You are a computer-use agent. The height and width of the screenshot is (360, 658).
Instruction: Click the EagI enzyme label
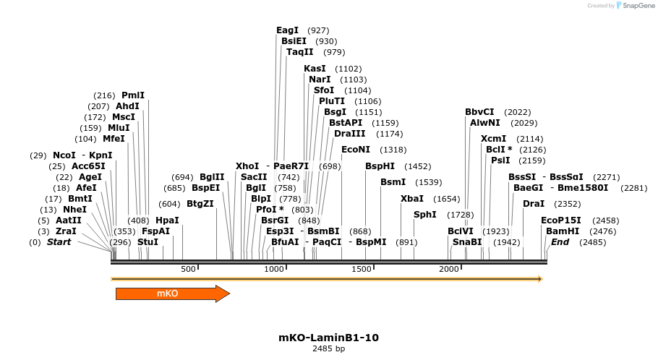click(287, 30)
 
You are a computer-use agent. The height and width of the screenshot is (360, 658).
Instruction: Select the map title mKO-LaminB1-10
click(328, 338)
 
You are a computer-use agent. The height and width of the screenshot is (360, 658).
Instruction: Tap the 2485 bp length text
click(328, 348)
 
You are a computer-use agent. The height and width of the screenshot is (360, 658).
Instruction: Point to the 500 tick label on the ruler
click(188, 269)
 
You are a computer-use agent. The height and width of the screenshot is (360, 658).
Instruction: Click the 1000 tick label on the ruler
click(274, 269)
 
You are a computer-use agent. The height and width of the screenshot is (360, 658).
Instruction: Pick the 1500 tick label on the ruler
click(362, 269)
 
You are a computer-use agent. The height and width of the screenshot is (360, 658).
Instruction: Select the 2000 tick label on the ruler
click(449, 269)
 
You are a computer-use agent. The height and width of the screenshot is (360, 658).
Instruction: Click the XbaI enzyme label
click(411, 199)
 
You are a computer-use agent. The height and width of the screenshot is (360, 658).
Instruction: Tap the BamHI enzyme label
click(563, 231)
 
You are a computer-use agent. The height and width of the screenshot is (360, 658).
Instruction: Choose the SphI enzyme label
click(424, 215)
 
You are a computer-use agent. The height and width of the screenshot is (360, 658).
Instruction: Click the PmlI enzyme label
click(133, 95)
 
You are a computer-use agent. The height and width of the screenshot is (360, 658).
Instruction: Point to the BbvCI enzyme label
click(479, 112)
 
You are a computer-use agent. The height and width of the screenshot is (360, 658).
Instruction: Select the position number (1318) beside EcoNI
click(393, 150)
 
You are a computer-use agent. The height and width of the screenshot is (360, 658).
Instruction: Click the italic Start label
click(59, 242)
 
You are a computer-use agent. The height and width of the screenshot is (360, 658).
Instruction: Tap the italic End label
click(560, 242)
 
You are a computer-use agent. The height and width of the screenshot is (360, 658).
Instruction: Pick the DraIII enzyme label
click(349, 134)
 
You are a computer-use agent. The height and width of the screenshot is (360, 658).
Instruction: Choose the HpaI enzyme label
click(167, 220)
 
